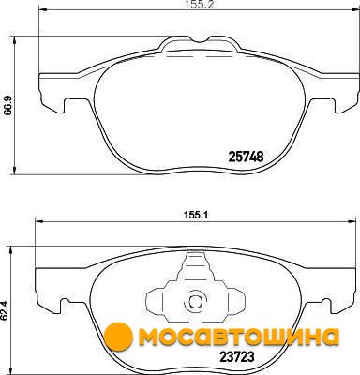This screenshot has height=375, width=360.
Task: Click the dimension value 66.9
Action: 8,105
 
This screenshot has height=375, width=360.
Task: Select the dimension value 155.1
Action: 193,216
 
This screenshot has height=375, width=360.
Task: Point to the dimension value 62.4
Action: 5,312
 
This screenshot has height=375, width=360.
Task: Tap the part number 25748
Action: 247,157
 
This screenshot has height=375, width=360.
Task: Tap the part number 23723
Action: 236,356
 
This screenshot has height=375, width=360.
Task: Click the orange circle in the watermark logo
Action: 118,337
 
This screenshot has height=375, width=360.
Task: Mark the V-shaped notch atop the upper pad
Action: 201,39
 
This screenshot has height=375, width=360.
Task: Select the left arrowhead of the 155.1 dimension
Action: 39,222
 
